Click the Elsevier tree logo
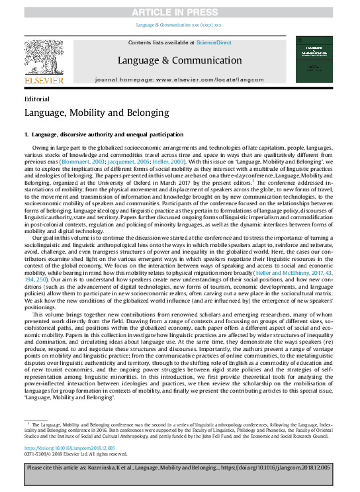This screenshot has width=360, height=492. (44, 58)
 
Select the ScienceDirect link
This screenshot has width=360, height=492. (214, 42)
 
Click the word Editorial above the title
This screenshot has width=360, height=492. (36, 98)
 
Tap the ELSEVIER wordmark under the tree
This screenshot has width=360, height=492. (44, 81)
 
